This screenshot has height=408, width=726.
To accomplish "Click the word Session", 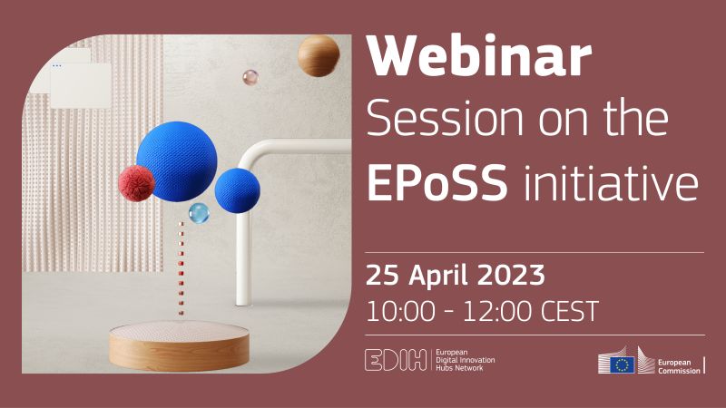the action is [x=445, y=119].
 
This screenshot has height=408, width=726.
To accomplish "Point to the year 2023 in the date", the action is [x=511, y=276].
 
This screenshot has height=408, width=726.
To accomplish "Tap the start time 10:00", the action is [x=400, y=311].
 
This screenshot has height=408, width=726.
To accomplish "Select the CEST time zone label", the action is [x=570, y=311].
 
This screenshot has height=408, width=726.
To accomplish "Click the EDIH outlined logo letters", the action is [x=396, y=360].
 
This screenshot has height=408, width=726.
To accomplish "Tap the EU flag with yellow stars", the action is [x=622, y=364].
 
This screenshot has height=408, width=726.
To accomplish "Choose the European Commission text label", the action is [x=679, y=366].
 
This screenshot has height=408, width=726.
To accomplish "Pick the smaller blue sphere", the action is [x=237, y=190].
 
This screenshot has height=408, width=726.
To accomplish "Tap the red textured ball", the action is [x=136, y=183].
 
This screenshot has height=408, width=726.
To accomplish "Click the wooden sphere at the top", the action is [x=319, y=55].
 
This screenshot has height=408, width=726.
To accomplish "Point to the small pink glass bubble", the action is [x=250, y=77].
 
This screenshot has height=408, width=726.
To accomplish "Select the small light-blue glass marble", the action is [x=199, y=213].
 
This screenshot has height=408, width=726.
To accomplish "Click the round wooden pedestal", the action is [x=179, y=346].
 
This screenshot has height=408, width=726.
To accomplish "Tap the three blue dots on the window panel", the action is [x=56, y=65].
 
